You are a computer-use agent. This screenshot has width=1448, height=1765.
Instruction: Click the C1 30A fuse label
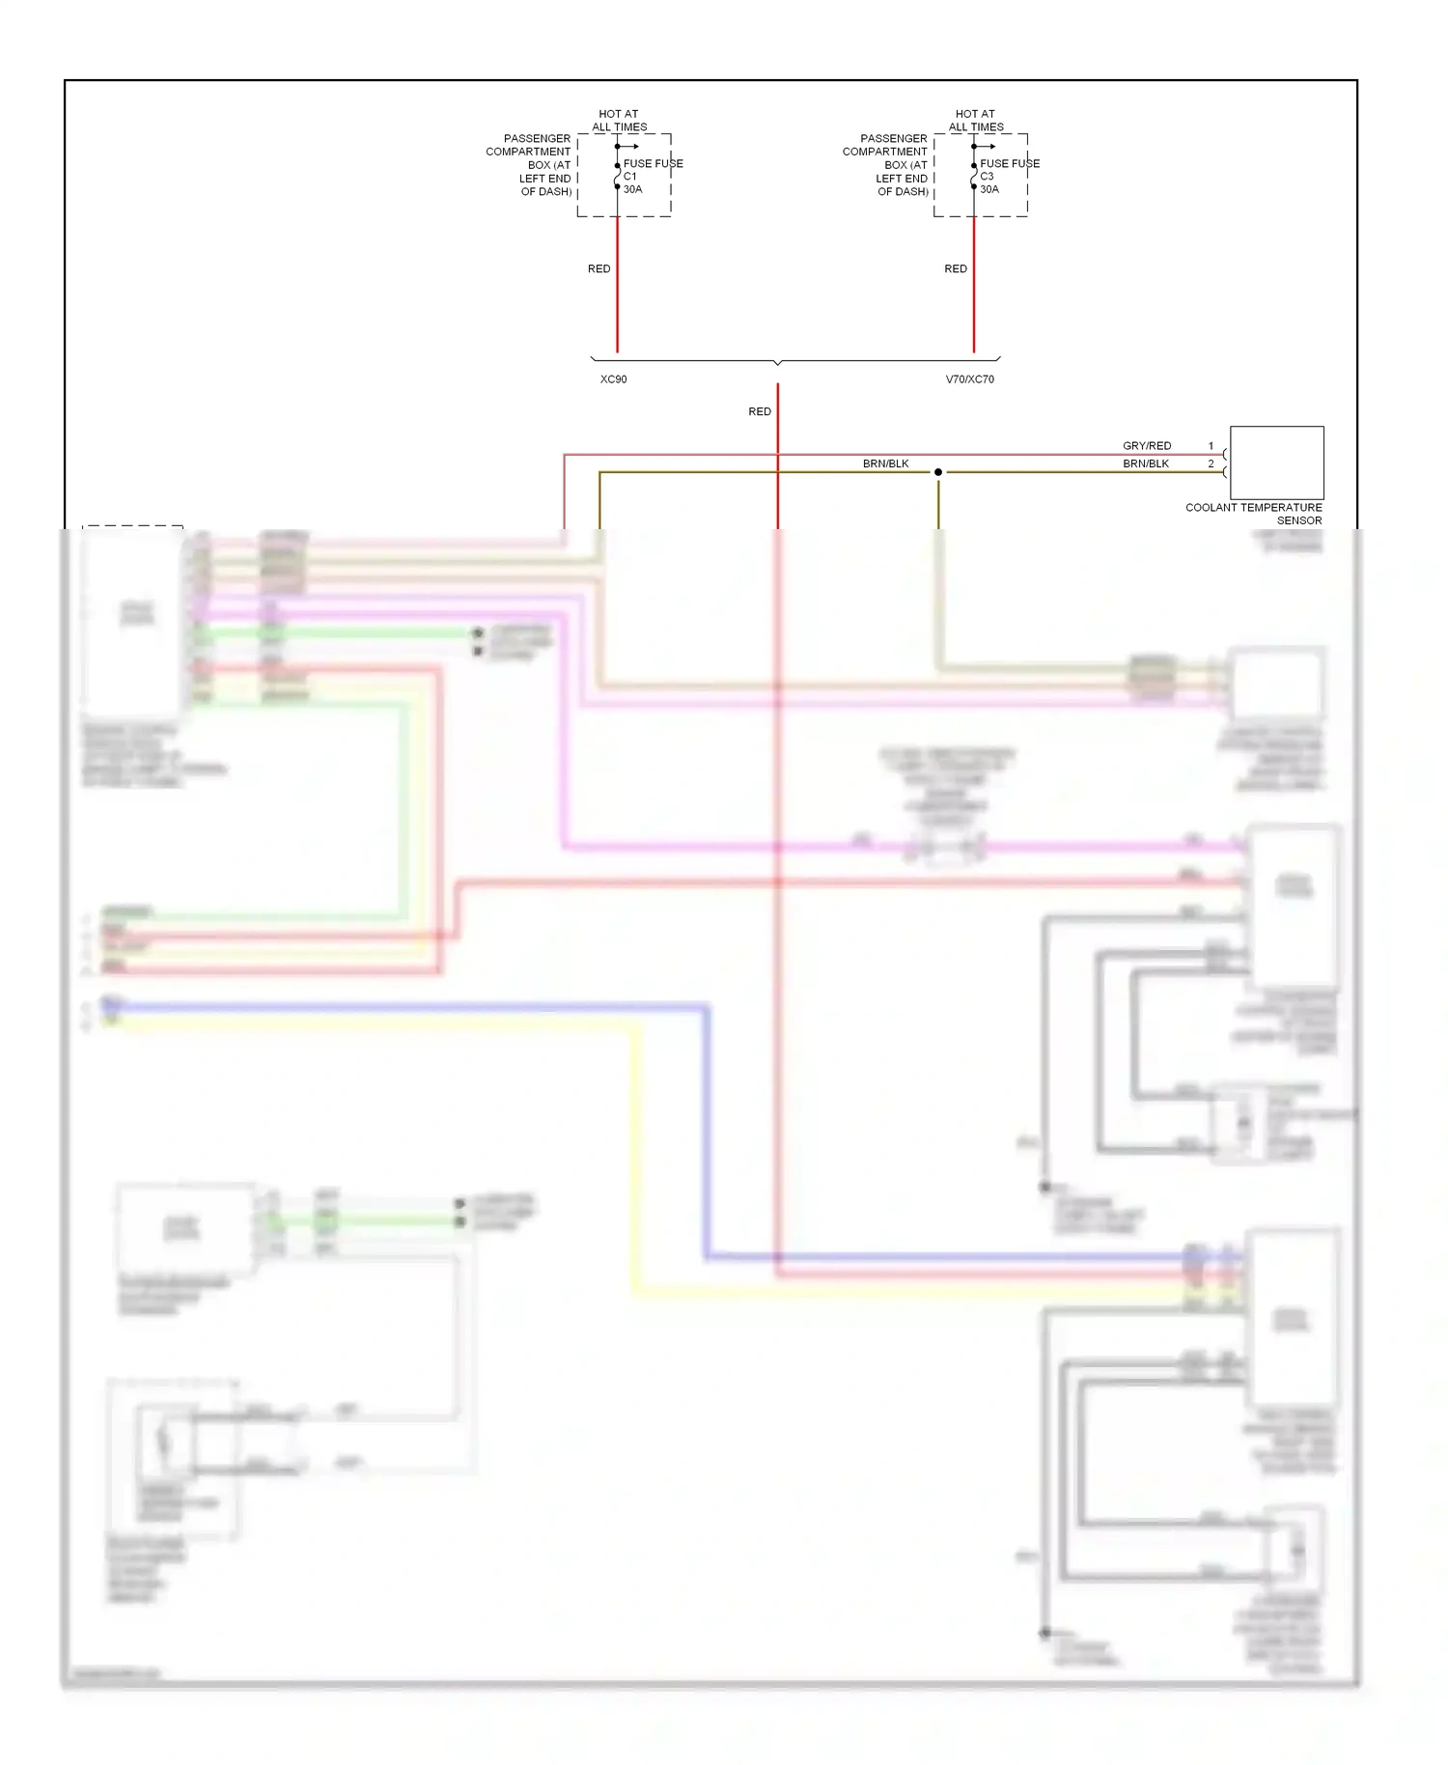pos(632,182)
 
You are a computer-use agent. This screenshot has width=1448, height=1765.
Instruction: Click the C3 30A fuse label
pos(989,182)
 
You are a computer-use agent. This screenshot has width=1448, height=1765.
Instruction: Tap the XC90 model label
pos(614,379)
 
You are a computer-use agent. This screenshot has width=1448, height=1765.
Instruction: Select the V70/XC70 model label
pos(969,379)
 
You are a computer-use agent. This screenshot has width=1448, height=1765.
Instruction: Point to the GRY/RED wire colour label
pos(1147,446)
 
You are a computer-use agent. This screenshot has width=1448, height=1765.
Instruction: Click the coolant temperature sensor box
pos(1276,462)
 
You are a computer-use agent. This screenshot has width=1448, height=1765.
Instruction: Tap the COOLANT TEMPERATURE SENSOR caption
pos(1253,514)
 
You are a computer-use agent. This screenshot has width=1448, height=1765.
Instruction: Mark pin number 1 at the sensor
pos(1211,446)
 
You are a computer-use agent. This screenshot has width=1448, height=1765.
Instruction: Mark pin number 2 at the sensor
pos(1211,463)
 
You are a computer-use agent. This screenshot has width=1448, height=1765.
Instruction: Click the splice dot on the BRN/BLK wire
pos(938,472)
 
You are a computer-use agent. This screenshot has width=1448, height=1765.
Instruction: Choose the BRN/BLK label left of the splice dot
pos(885,463)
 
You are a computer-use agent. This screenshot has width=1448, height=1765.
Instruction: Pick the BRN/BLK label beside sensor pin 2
pos(1146,463)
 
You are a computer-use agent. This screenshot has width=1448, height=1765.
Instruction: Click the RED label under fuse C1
pos(599,268)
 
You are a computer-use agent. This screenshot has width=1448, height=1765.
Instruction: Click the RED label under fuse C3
pos(956,268)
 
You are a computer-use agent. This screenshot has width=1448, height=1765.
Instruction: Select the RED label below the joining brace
pos(760,411)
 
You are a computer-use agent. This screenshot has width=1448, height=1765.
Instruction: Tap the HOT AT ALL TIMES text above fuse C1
pos(619,121)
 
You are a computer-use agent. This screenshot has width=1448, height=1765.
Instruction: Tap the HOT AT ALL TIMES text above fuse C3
pos(976,121)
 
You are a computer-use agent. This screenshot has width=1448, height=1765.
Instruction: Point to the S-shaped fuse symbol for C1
pos(617,177)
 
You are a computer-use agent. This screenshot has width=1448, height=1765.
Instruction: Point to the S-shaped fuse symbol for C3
pos(974,177)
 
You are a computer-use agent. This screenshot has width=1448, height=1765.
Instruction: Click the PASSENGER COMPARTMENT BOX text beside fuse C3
pos(885,165)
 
